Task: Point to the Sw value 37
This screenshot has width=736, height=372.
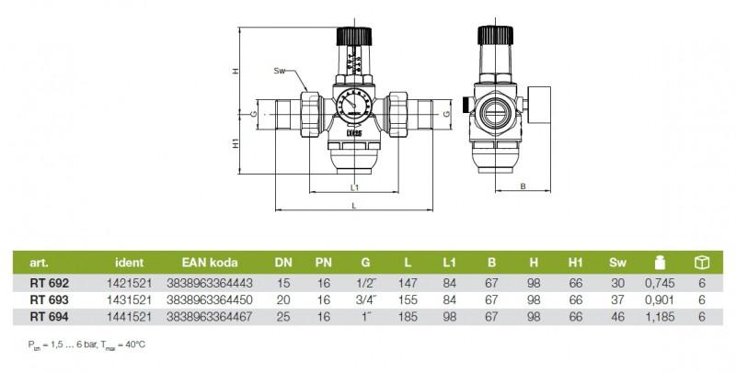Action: coord(617,299)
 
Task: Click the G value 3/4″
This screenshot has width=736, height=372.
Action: coord(364,299)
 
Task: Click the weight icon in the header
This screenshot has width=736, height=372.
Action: coord(659,261)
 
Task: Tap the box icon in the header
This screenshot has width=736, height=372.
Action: coord(701,261)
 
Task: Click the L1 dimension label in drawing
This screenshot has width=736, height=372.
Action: coord(354,186)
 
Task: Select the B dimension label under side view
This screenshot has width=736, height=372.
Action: coord(522,186)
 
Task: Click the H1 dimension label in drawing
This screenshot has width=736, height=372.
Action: coord(236,145)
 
